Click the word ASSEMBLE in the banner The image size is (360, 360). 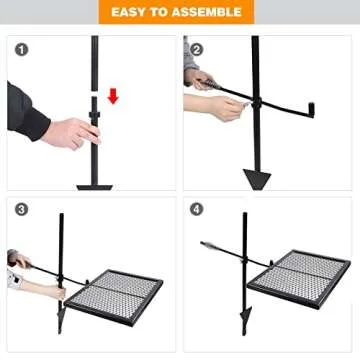pyautogui.click(x=207, y=12)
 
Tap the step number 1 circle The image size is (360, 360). pyautogui.click(x=22, y=48)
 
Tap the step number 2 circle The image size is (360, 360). pyautogui.click(x=197, y=48)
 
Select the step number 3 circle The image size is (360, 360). pyautogui.click(x=22, y=210)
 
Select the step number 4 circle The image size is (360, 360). pyautogui.click(x=197, y=210)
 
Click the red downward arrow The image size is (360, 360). pyautogui.click(x=113, y=96)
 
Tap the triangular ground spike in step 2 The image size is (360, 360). pyautogui.click(x=257, y=179)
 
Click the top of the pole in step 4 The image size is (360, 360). pyautogui.click(x=243, y=215)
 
